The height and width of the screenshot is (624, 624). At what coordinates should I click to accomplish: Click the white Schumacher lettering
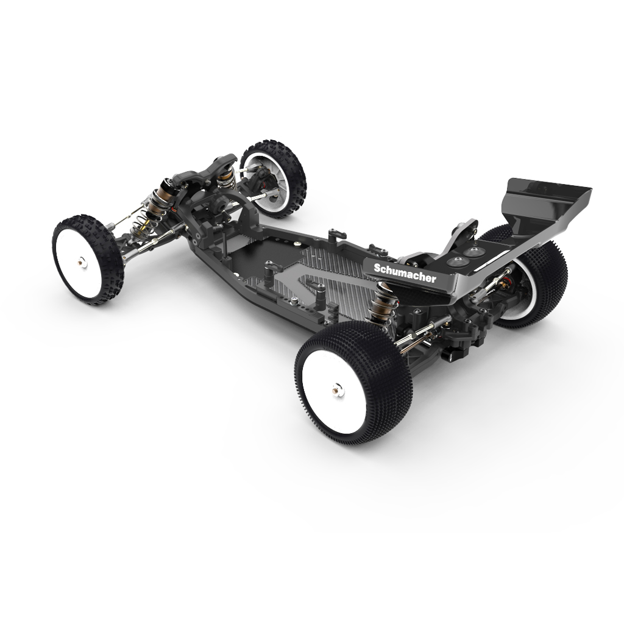[405, 273]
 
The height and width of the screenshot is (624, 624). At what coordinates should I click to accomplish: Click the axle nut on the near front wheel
[82, 262]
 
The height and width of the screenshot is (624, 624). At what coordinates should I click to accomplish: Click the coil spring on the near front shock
[145, 227]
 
